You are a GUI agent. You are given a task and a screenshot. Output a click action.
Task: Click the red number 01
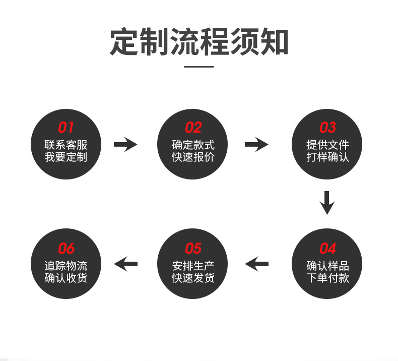[66, 127]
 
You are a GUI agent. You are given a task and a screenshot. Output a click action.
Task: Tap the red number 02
[193, 127]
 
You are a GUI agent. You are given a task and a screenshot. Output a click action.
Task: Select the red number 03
[327, 127]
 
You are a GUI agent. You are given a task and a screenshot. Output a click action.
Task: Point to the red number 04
[327, 249]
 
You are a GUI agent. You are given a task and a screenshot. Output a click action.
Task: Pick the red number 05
[193, 249]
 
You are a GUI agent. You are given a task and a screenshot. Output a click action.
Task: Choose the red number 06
[66, 249]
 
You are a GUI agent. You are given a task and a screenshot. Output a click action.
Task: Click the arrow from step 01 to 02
[125, 145]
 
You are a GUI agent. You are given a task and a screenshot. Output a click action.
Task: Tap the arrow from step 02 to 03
[256, 145]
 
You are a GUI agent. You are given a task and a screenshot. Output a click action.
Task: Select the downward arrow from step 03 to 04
[327, 202]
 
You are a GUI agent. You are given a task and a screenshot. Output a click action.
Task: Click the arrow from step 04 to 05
[256, 263]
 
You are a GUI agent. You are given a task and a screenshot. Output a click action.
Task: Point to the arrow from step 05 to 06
[125, 263]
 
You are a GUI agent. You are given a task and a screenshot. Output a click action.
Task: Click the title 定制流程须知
[199, 42]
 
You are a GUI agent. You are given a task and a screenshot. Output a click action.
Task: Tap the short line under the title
[199, 66]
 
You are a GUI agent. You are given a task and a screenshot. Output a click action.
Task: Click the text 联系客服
[66, 145]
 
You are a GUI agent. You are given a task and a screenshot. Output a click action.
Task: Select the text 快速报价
[193, 157]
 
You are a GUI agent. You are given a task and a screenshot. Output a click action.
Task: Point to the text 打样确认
[327, 157]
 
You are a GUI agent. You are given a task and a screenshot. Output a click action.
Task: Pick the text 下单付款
[327, 278]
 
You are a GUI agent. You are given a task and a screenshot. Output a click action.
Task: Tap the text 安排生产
[193, 266]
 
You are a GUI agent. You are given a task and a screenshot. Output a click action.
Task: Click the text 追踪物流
[66, 266]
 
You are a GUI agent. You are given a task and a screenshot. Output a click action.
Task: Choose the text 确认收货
[66, 278]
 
